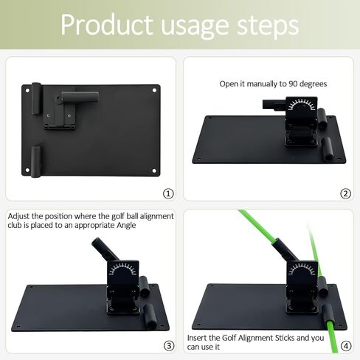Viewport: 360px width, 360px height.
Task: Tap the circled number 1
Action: [x=168, y=193]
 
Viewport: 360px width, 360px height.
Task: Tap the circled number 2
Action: [x=345, y=193]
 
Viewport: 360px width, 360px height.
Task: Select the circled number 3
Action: [x=168, y=345]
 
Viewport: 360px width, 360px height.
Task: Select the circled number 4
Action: [x=345, y=345]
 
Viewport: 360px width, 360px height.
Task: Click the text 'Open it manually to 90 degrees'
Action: [x=273, y=83]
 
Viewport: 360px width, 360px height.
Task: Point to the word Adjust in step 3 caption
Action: [x=20, y=215]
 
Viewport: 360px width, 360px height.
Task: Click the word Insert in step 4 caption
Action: [x=204, y=336]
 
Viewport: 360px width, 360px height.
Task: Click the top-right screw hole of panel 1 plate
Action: [x=154, y=90]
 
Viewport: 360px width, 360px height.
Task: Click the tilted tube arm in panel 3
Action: [x=100, y=249]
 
